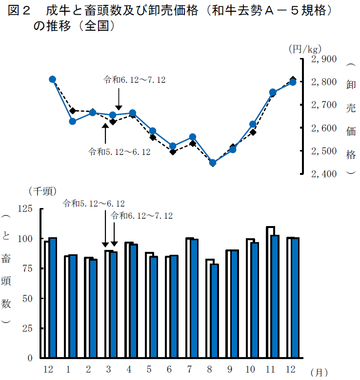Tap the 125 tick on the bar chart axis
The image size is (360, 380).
pyautogui.click(x=24, y=209)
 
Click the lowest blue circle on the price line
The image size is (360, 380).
pyautogui.click(x=213, y=163)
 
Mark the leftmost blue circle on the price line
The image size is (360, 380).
pyautogui.click(x=52, y=79)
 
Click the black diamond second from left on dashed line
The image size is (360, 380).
pyautogui.click(x=73, y=111)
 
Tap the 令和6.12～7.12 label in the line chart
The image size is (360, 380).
pyautogui.click(x=134, y=79)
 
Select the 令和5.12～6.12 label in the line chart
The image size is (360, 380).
pyautogui.click(x=119, y=152)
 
